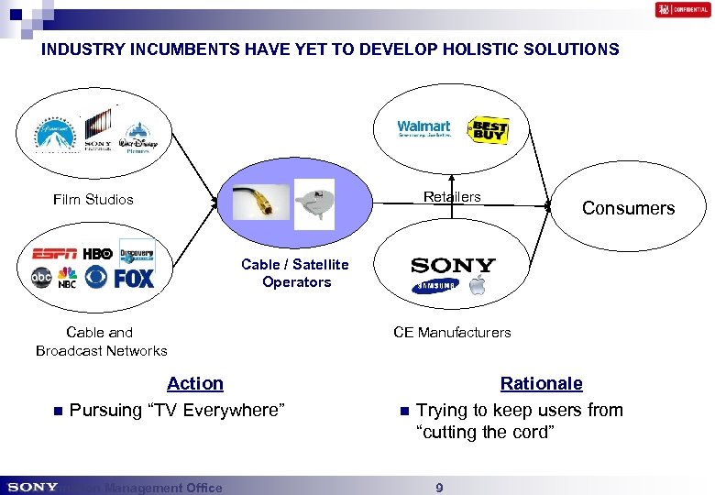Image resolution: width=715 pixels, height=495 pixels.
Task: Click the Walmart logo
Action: point(423,128)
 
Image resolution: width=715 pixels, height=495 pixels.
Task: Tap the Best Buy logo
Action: point(488,130)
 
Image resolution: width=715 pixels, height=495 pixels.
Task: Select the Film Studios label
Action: point(93,199)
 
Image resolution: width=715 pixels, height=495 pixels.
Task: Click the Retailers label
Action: point(452,196)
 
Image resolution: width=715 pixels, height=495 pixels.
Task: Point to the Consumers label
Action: point(628,208)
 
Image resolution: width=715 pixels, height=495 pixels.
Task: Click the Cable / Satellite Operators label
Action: point(295,273)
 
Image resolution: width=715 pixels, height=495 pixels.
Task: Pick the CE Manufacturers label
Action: point(452,332)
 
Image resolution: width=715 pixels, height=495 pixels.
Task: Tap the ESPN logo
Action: point(55,254)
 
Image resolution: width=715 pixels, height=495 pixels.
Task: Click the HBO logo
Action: point(97,254)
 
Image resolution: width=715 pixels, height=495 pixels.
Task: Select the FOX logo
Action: point(135,278)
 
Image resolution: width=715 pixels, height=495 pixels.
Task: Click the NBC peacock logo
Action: point(68,277)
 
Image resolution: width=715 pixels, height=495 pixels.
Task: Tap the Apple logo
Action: point(477,284)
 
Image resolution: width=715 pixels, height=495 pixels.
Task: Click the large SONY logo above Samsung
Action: point(453,266)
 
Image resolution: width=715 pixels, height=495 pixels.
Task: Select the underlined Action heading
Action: point(195,383)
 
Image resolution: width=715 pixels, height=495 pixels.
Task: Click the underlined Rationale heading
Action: point(541,383)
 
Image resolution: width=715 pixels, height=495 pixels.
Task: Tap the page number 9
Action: point(439,488)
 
